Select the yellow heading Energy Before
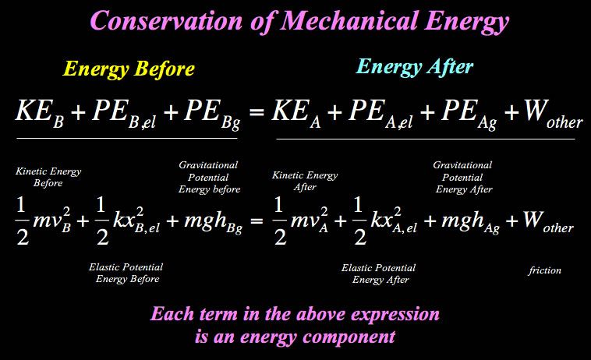click(x=129, y=69)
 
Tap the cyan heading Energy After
click(x=414, y=67)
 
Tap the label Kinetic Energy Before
click(x=48, y=176)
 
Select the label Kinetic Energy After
click(x=305, y=181)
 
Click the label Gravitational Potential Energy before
click(x=208, y=177)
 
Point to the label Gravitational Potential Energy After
click(x=464, y=177)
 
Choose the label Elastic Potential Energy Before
click(x=126, y=273)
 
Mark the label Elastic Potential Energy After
click(x=380, y=274)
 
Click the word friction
click(x=544, y=270)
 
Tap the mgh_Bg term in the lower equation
click(x=203, y=223)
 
